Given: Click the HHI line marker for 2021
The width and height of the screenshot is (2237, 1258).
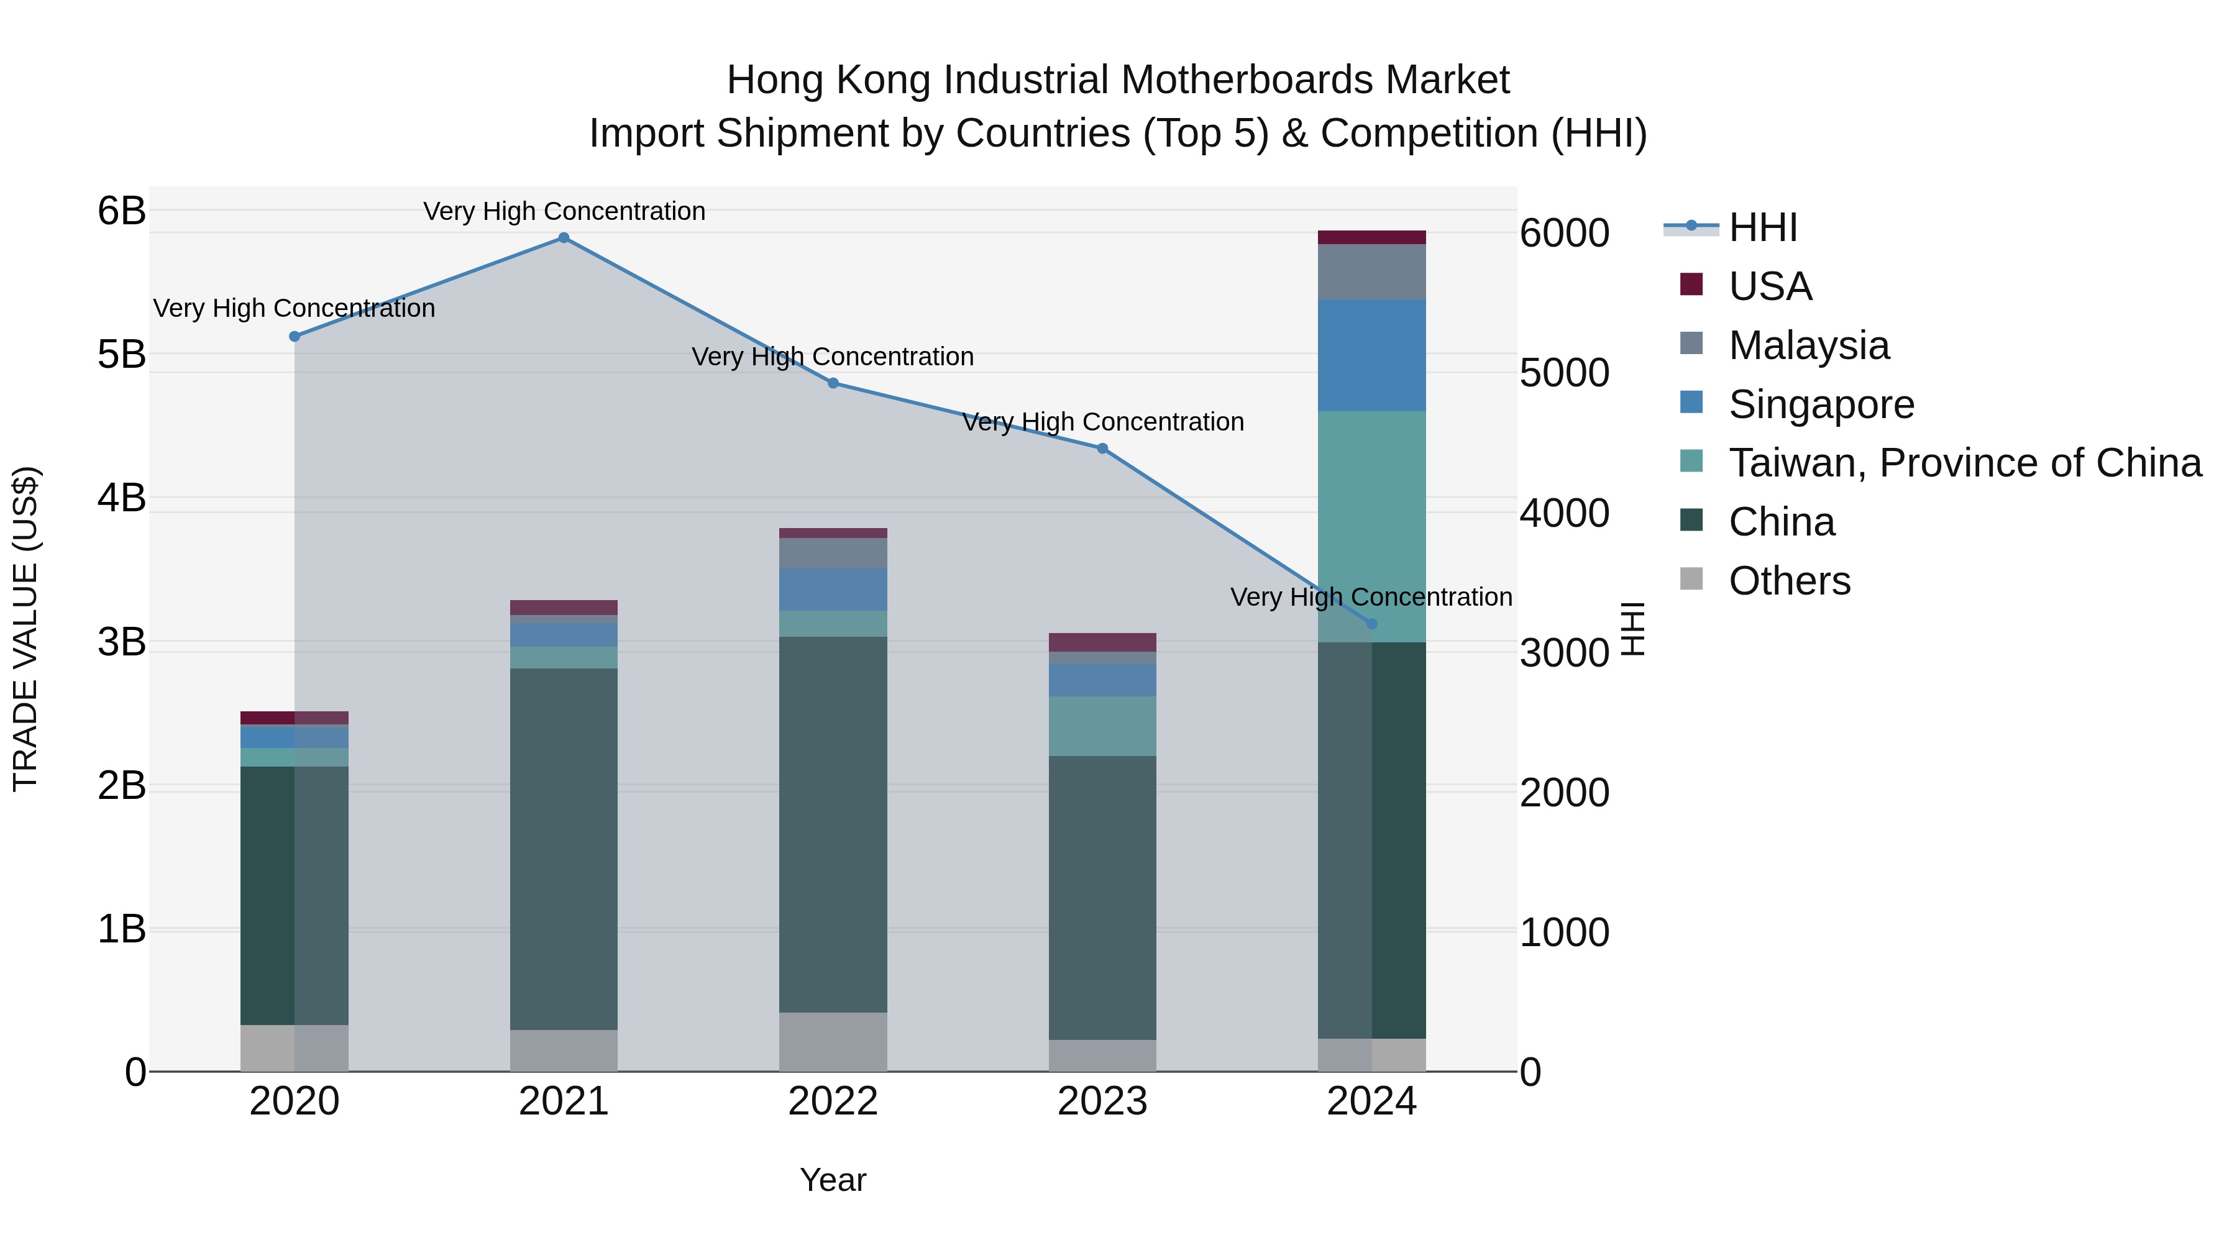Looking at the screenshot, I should [564, 238].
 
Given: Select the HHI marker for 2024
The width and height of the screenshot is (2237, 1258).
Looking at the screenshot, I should [1371, 623].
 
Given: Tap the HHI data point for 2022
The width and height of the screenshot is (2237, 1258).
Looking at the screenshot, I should [833, 383].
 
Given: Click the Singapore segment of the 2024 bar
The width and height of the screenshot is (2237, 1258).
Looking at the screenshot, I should [1371, 355].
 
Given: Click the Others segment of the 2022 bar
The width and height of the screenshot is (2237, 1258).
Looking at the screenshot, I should [833, 1041].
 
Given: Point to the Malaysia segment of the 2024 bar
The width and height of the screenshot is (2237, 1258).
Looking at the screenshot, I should [1371, 271].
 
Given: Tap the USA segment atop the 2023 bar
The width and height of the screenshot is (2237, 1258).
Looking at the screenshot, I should [1102, 642].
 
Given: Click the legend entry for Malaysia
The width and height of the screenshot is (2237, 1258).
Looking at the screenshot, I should [1808, 345].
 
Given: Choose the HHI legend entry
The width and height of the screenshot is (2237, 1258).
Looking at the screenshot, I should [1762, 227].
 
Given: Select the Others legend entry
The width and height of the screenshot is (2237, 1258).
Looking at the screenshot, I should [1789, 581].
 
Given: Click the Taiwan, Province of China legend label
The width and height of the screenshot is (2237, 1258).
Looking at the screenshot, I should [1964, 463].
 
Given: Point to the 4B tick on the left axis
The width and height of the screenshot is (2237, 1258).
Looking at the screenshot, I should [122, 498].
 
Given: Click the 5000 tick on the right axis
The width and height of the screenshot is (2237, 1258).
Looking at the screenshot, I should [1564, 373].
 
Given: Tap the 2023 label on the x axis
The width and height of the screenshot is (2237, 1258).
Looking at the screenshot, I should [1102, 1101].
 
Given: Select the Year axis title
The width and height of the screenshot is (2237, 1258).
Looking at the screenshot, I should [833, 1180].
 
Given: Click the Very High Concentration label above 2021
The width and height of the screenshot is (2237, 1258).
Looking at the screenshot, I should [564, 211].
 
